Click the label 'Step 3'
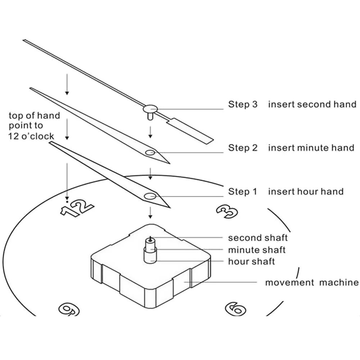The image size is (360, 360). pyautogui.click(x=243, y=105)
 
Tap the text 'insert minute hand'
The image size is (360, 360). pyautogui.click(x=311, y=148)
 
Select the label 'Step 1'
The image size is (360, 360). pyautogui.click(x=243, y=191)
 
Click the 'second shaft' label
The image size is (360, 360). pyautogui.click(x=258, y=238)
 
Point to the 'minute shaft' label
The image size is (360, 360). pyautogui.click(x=257, y=250)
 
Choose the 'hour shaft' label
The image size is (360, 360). pyautogui.click(x=251, y=261)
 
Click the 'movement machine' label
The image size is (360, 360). pyautogui.click(x=312, y=283)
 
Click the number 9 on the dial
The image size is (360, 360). pyautogui.click(x=69, y=309)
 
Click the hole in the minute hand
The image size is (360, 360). pyautogui.click(x=150, y=153)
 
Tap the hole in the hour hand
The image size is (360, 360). pyautogui.click(x=150, y=196)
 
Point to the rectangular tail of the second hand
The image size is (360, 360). pyautogui.click(x=190, y=131)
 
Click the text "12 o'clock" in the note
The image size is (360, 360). pyautogui.click(x=31, y=136)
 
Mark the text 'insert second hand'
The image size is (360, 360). pyautogui.click(x=312, y=105)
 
